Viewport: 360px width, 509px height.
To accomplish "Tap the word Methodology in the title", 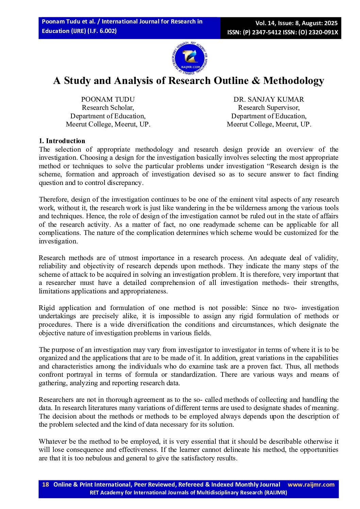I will tap(293, 81).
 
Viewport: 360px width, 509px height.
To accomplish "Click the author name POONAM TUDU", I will tap(108, 99).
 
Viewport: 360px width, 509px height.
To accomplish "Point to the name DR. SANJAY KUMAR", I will tap(268, 99).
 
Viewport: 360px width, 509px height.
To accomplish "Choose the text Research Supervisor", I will tap(268, 108).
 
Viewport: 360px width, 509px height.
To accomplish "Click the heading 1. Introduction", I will tap(62, 141).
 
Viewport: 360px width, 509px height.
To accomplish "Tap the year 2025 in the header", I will tap(331, 23).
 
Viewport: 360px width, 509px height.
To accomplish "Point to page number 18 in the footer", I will tap(46, 485).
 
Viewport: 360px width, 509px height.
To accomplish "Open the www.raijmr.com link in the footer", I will tap(311, 485).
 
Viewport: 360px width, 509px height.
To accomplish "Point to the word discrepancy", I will tap(126, 183).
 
